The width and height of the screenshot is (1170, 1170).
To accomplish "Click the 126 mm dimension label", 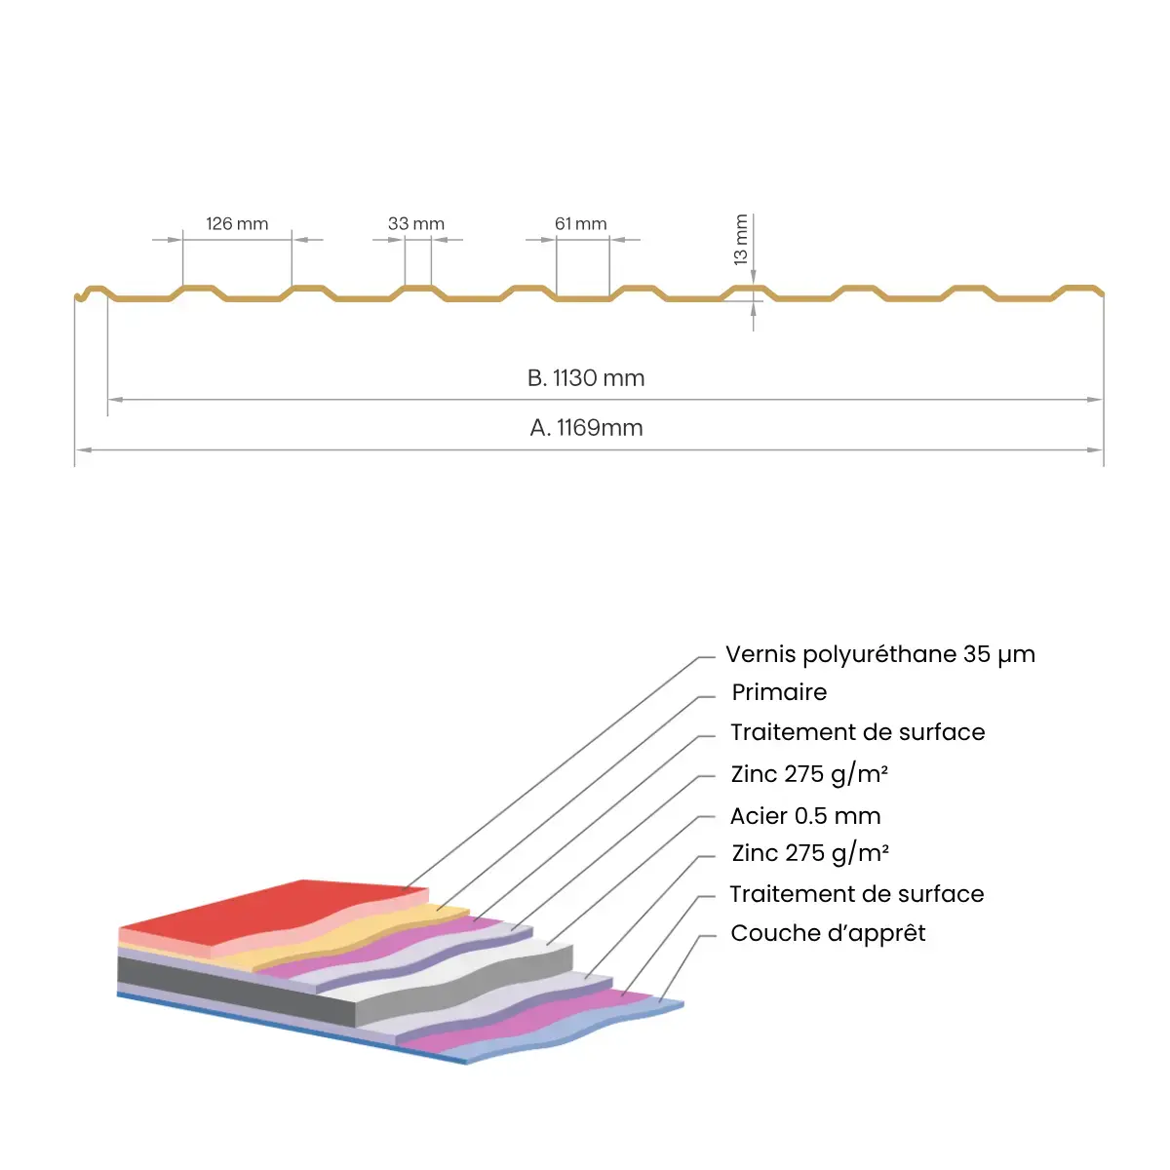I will (237, 224).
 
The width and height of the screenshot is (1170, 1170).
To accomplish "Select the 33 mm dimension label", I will (416, 224).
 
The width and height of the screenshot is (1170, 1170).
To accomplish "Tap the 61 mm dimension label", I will (581, 224).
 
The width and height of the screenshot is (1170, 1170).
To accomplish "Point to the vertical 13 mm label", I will (741, 240).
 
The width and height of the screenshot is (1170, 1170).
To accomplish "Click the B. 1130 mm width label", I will (586, 378).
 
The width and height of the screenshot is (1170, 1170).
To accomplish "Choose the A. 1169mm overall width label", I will (586, 428).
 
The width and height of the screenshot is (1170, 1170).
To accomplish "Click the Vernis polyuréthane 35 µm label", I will (880, 654).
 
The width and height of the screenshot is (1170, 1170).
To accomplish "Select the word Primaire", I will (779, 692).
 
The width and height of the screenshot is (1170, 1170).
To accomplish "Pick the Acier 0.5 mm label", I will (805, 816).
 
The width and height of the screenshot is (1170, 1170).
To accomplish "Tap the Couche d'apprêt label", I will (828, 933).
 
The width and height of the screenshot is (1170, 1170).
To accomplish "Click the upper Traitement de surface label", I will (857, 732).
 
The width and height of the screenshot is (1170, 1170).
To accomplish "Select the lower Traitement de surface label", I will (856, 894).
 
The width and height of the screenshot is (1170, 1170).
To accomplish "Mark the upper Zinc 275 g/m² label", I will (809, 774).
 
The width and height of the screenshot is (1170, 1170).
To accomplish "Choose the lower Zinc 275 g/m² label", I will (810, 853).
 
